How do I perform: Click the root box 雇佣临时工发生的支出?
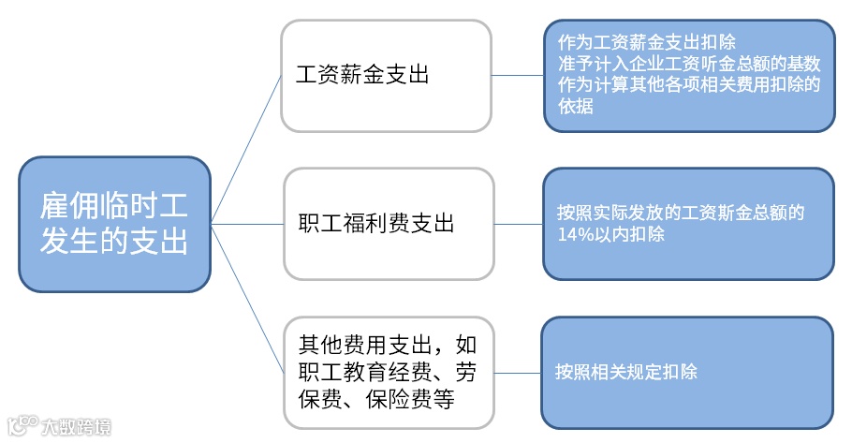[114, 223]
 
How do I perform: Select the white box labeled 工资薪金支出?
[386, 76]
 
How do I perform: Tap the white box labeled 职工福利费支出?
[388, 223]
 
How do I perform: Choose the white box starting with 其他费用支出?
[388, 372]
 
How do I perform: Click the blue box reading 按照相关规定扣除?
[686, 372]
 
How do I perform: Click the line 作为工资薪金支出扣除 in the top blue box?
[646, 43]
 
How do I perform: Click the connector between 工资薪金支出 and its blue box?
[518, 75]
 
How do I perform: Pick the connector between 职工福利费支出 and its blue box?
[518, 224]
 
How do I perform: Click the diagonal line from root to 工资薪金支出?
[246, 149]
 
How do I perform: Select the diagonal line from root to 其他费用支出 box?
[246, 298]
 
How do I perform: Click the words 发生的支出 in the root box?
[114, 241]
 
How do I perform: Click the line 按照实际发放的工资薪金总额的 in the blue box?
[680, 213]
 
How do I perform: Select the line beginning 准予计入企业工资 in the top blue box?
[688, 65]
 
